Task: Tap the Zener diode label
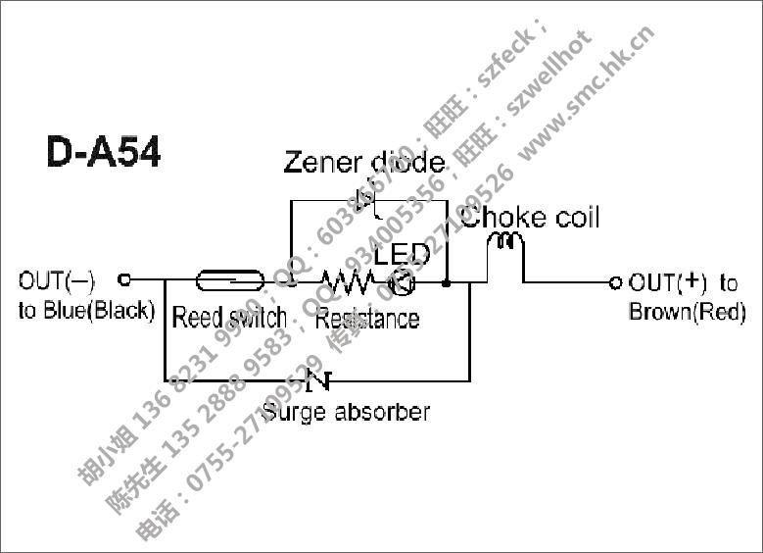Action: click(363, 162)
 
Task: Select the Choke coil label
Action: click(530, 217)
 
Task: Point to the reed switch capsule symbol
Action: click(230, 281)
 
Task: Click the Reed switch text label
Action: click(229, 318)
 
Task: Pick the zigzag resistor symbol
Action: click(349, 282)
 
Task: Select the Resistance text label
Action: click(367, 318)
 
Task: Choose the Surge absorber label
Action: click(346, 411)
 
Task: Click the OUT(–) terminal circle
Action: click(124, 279)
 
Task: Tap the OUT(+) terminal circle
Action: click(615, 282)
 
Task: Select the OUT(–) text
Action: click(57, 281)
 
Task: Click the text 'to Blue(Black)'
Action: click(86, 311)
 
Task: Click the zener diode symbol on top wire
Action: click(369, 200)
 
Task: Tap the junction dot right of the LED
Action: click(447, 282)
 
